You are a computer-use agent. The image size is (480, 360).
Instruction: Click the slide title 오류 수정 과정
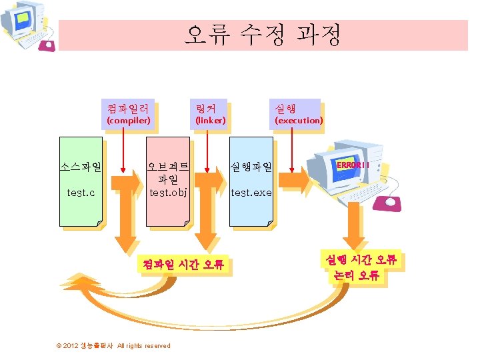(x=263, y=34)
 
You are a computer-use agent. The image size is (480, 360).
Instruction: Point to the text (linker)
(x=210, y=121)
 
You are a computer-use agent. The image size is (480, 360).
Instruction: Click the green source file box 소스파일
(x=81, y=181)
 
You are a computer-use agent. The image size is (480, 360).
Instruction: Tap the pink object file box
(x=168, y=181)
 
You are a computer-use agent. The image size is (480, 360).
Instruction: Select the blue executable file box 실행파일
(x=251, y=181)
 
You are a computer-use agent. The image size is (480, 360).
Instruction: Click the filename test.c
(x=81, y=193)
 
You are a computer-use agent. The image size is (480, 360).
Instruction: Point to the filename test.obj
(x=168, y=193)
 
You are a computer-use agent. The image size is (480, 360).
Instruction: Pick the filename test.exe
(x=251, y=193)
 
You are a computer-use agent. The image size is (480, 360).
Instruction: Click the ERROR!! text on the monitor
(x=353, y=165)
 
